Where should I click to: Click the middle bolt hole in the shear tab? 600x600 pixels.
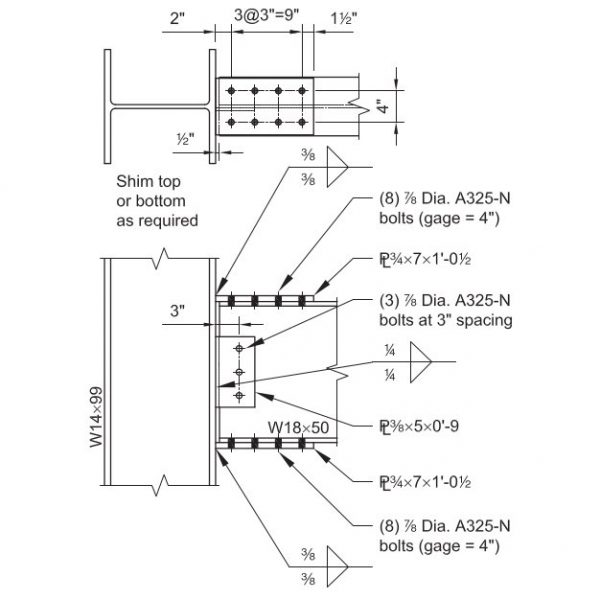pos(239,372)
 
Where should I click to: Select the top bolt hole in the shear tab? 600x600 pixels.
pos(239,349)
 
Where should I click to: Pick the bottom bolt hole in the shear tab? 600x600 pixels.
pos(239,396)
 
